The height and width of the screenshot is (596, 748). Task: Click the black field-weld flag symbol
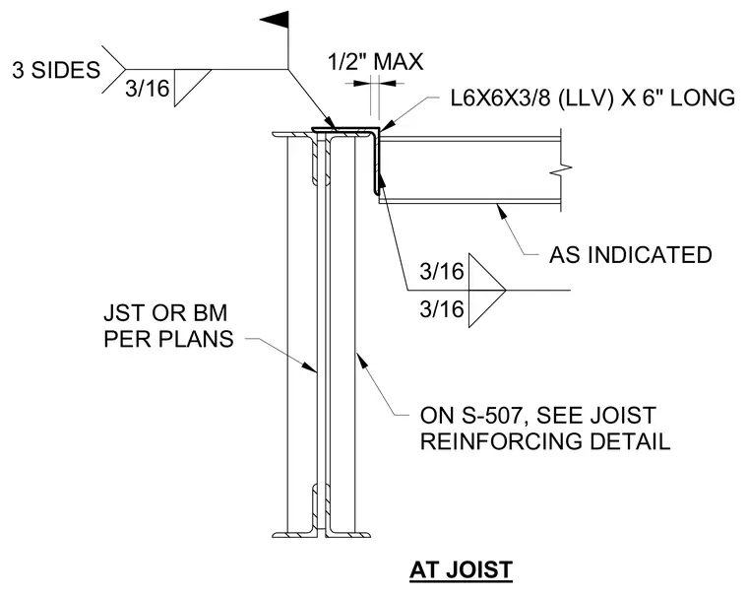pyautogui.click(x=276, y=20)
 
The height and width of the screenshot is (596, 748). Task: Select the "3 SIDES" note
pyautogui.click(x=56, y=70)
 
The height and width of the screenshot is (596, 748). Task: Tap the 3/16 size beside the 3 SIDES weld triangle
pyautogui.click(x=148, y=89)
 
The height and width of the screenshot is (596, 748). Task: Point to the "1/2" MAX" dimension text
pyautogui.click(x=375, y=62)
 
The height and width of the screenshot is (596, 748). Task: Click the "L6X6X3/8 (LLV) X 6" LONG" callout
pyautogui.click(x=592, y=98)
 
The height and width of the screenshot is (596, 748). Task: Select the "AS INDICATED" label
pyautogui.click(x=631, y=255)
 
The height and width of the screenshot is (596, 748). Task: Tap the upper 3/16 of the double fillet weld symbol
pyautogui.click(x=442, y=272)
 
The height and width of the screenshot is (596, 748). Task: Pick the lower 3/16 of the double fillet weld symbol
pyautogui.click(x=442, y=309)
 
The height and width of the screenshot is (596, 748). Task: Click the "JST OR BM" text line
pyautogui.click(x=165, y=313)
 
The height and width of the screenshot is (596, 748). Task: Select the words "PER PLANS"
pyautogui.click(x=168, y=339)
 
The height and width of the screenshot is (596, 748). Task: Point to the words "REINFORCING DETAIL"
pyautogui.click(x=545, y=441)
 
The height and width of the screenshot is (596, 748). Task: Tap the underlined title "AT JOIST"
pyautogui.click(x=461, y=570)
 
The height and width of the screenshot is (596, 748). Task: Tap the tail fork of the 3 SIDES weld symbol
pyautogui.click(x=113, y=69)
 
